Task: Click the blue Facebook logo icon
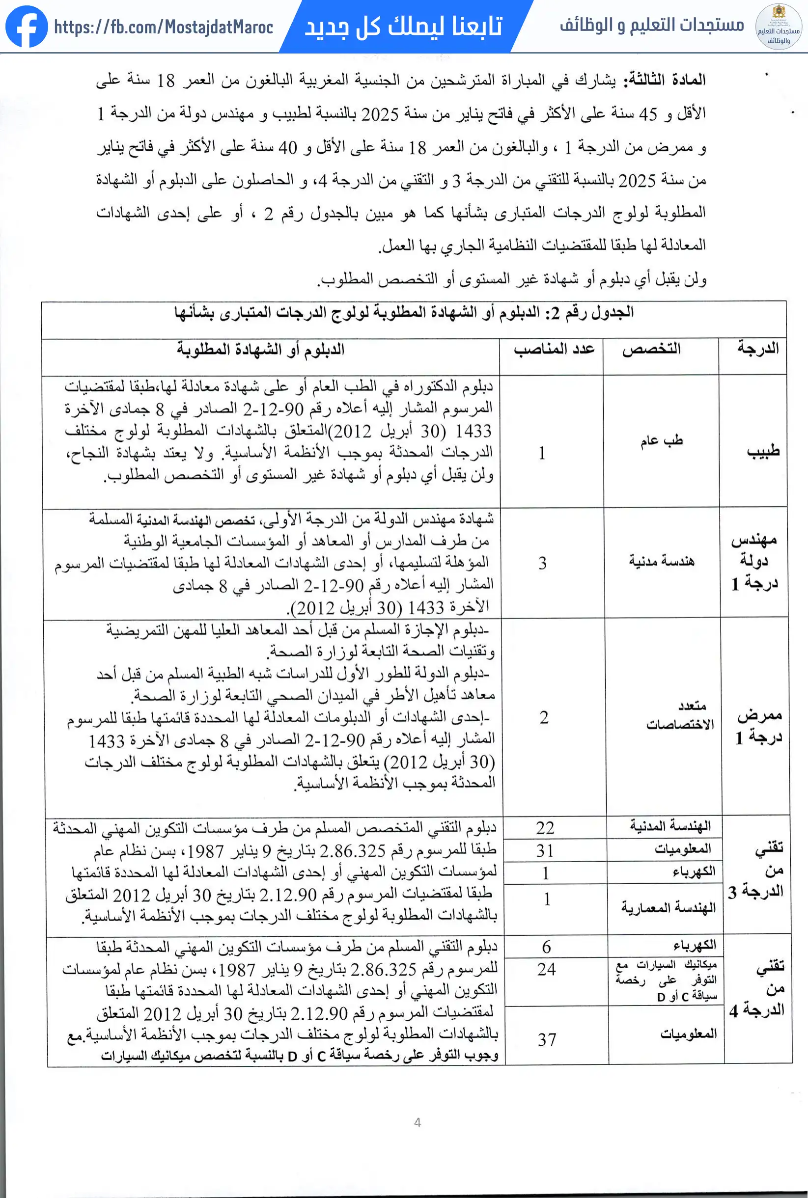pyautogui.click(x=27, y=27)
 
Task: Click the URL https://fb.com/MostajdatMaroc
pyautogui.click(x=164, y=27)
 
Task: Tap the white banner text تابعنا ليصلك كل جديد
pyautogui.click(x=403, y=26)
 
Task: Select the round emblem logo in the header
pyautogui.click(x=778, y=27)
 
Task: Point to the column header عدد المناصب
pyautogui.click(x=554, y=349)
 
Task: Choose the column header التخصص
pyautogui.click(x=651, y=349)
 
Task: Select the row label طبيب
pyautogui.click(x=763, y=451)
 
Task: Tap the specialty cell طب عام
pyautogui.click(x=662, y=440)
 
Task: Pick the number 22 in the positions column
pyautogui.click(x=545, y=828)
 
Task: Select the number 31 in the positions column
pyautogui.click(x=545, y=850)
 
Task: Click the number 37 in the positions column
pyautogui.click(x=547, y=1039)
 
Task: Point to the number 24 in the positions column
pyautogui.click(x=546, y=969)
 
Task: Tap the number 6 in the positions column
pyautogui.click(x=546, y=947)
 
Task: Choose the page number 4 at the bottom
pyautogui.click(x=418, y=1122)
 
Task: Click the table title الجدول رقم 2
pyautogui.click(x=599, y=312)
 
